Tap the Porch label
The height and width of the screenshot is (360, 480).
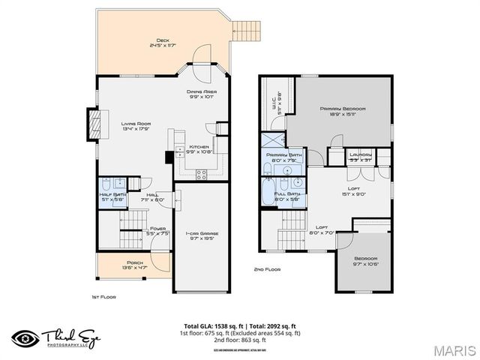pos(135,263)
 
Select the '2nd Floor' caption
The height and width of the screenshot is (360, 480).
pos(268,268)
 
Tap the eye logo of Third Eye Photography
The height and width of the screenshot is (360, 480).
pos(25,337)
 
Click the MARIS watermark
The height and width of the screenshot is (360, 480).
pos(452,349)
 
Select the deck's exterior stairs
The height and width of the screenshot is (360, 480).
pos(247,30)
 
